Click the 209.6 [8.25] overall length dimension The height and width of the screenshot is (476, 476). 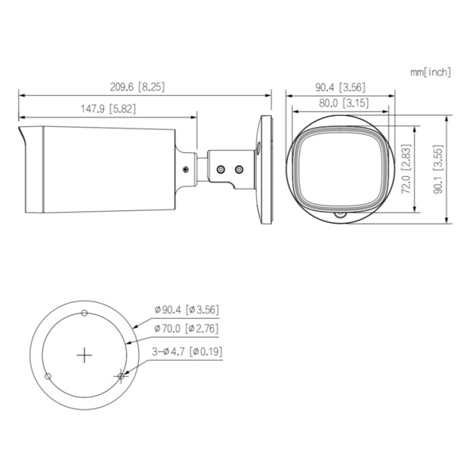(138, 86)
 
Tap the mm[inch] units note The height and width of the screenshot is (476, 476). (430, 72)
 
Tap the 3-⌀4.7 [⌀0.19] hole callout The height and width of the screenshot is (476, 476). (185, 349)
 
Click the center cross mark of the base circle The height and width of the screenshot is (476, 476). (85, 355)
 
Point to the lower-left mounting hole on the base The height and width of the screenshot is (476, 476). (48, 375)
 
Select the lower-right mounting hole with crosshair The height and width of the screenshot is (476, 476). (121, 375)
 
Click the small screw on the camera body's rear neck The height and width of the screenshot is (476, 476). (186, 168)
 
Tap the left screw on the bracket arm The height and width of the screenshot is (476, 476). (221, 168)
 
